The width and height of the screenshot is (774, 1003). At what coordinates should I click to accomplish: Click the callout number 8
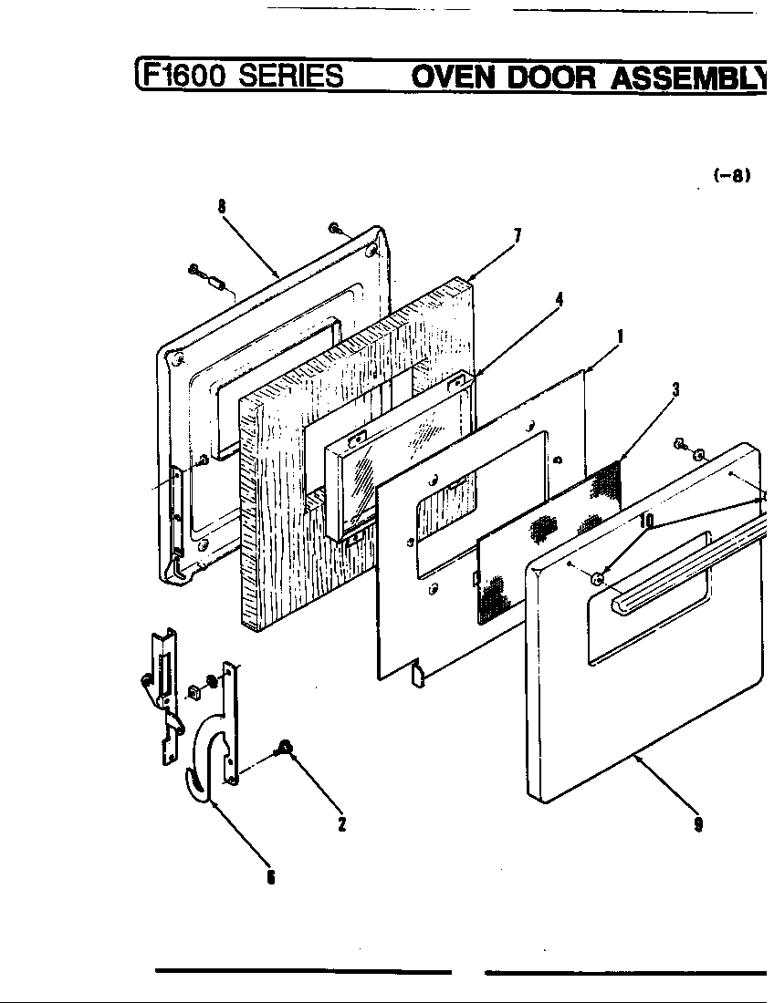click(x=222, y=206)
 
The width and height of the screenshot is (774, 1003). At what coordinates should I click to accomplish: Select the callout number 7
click(x=517, y=236)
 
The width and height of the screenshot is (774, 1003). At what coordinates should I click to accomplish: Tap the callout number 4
click(x=559, y=298)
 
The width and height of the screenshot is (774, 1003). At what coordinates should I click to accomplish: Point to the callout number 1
click(x=620, y=336)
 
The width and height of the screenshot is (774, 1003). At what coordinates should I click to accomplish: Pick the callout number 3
click(x=675, y=390)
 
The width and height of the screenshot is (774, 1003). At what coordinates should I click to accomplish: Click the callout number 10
click(x=647, y=521)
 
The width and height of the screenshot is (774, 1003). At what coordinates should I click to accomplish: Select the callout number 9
click(x=698, y=824)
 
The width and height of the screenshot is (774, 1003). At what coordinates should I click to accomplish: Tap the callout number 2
click(x=341, y=824)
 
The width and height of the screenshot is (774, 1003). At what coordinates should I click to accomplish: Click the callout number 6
click(x=270, y=877)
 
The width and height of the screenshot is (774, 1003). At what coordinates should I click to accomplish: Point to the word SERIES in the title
click(x=291, y=75)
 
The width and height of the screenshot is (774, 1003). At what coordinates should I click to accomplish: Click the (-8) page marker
click(x=731, y=177)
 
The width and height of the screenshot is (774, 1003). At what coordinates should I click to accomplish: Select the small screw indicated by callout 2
click(x=285, y=749)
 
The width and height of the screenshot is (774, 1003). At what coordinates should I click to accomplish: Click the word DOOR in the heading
click(x=551, y=77)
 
